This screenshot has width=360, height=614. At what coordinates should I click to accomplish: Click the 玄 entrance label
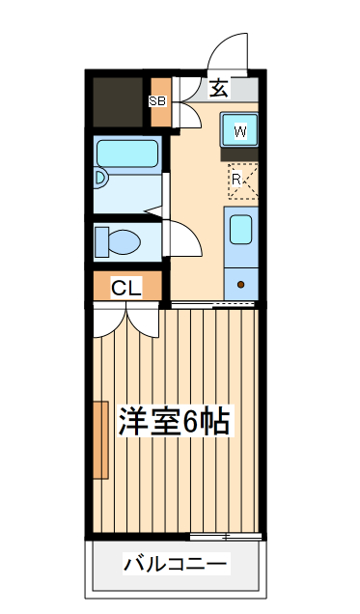tap(219, 88)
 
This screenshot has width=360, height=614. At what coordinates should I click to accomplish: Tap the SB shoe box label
tap(157, 99)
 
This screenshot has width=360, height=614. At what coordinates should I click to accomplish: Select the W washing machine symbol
tap(240, 130)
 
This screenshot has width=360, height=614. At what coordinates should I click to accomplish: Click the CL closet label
tap(126, 287)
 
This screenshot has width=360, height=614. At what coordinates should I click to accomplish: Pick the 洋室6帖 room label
tap(174, 421)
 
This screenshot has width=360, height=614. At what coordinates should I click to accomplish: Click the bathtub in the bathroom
tap(127, 153)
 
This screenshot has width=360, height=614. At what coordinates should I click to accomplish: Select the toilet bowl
tap(124, 240)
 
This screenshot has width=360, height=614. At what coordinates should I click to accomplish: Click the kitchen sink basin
tap(240, 230)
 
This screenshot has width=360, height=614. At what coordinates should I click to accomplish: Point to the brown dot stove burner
tap(241, 285)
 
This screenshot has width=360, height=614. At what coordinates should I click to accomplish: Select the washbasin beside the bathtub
tap(100, 180)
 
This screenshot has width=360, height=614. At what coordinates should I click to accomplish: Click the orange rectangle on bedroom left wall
tap(99, 439)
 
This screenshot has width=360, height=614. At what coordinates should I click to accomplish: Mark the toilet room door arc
tap(183, 237)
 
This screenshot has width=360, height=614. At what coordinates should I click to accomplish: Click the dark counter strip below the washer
tap(240, 153)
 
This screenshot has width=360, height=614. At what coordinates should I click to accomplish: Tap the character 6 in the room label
tap(191, 422)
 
